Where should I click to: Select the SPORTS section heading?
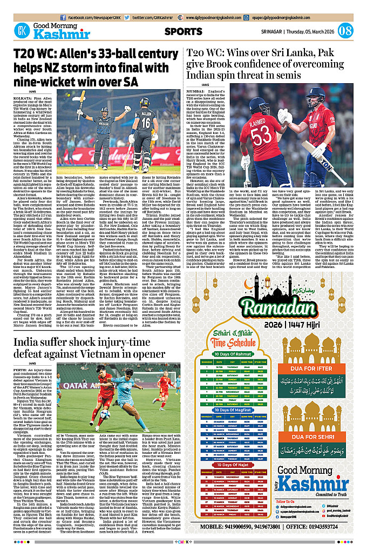coord(183,31)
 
